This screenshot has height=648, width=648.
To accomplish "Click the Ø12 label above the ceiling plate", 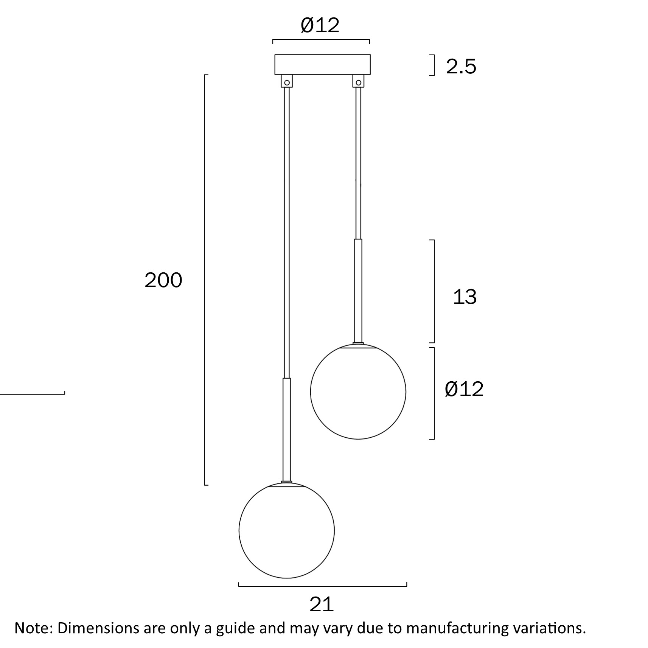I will (x=320, y=26).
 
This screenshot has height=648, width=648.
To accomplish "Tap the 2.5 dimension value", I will (x=461, y=67).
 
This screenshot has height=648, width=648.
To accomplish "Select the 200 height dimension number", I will (x=163, y=280).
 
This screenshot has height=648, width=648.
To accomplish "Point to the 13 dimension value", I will (x=465, y=297).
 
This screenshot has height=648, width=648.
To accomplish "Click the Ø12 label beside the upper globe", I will (x=464, y=389).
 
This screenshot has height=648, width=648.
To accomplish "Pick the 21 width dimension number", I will (x=322, y=604).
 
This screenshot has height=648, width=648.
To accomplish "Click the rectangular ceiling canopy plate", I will (x=322, y=65).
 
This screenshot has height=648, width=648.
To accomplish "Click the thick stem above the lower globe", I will (x=287, y=429).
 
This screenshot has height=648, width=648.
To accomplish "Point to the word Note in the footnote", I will (x=32, y=628).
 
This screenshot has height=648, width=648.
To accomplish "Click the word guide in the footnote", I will (x=235, y=628).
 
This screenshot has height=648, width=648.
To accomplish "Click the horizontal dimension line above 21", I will (x=323, y=586).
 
